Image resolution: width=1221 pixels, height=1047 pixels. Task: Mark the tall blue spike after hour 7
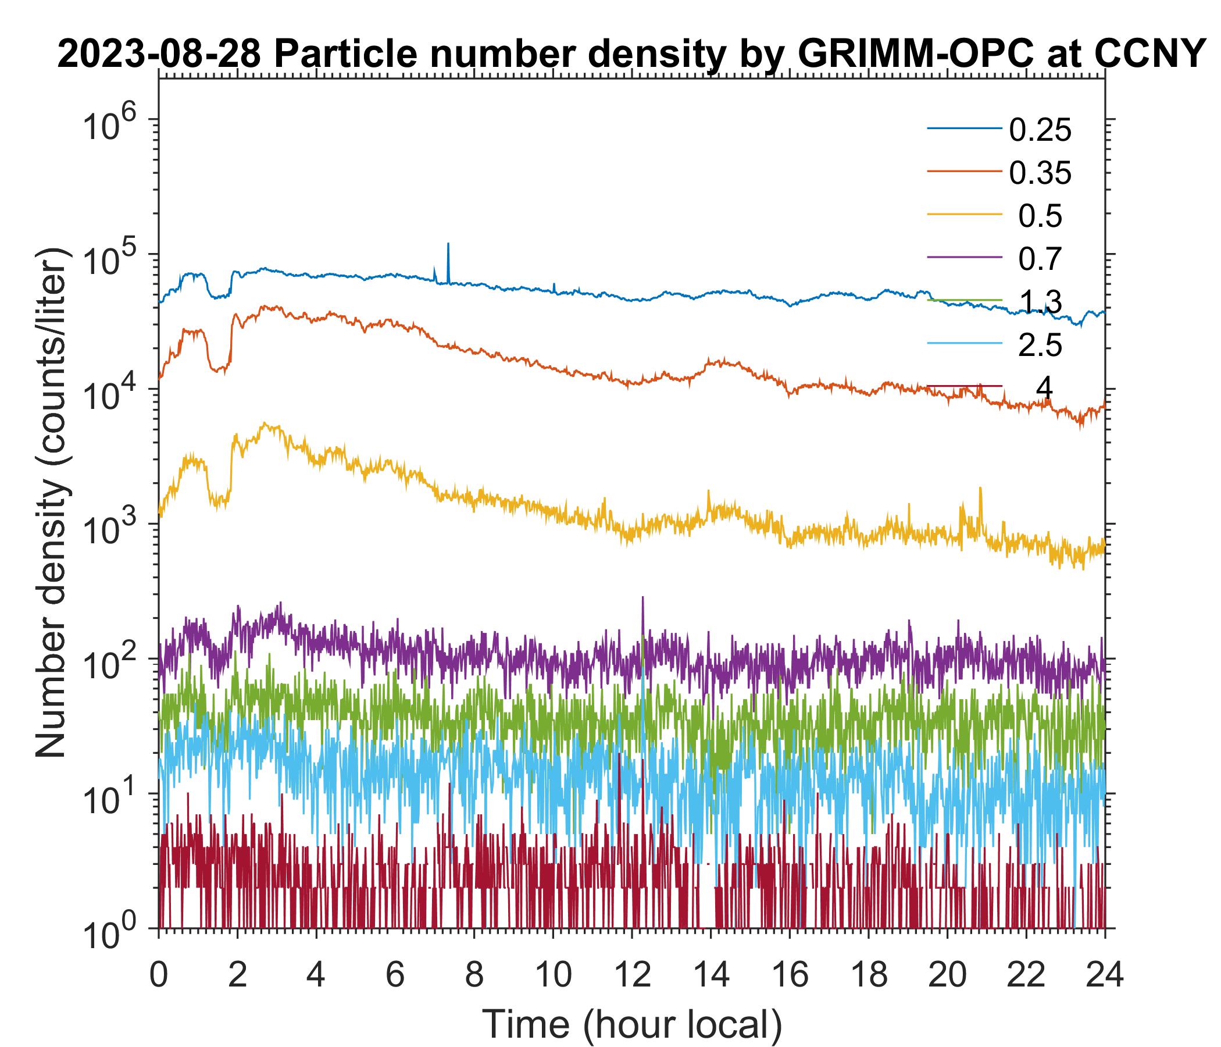pyautogui.click(x=448, y=245)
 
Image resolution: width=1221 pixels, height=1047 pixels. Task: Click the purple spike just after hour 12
pyautogui.click(x=642, y=599)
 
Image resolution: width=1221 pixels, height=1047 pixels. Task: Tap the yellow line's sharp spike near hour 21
pyautogui.click(x=980, y=489)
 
